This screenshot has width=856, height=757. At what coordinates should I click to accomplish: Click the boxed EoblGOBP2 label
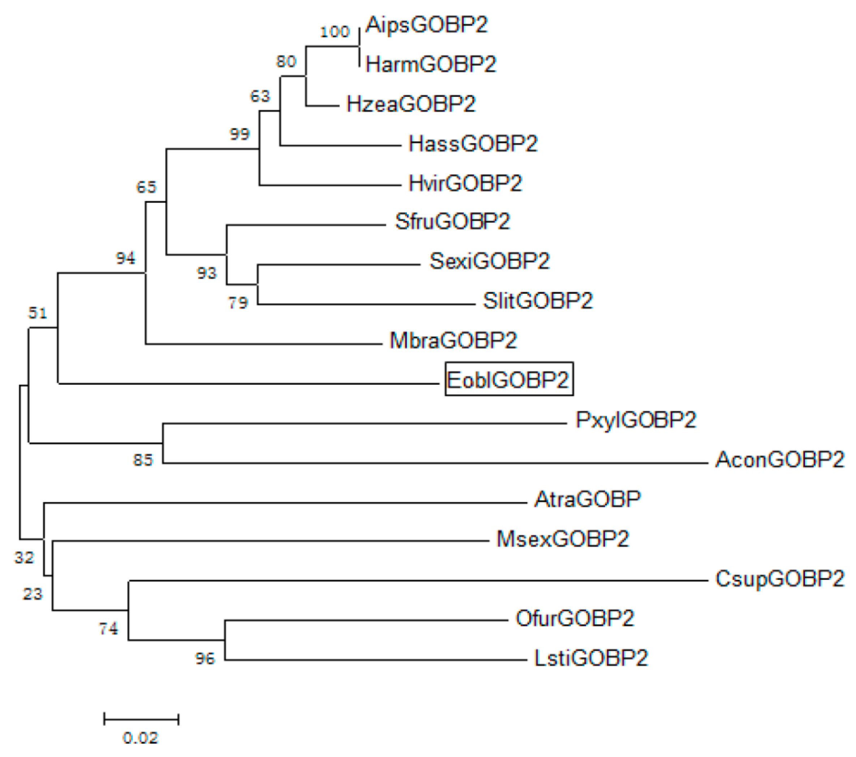pyautogui.click(x=508, y=379)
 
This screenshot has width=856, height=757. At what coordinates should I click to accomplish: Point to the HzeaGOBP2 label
pyautogui.click(x=411, y=104)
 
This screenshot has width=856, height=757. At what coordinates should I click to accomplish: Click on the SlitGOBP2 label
pyautogui.click(x=538, y=300)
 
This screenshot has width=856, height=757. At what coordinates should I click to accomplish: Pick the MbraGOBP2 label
pyautogui.click(x=453, y=340)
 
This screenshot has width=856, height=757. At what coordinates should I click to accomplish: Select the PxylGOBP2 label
pyautogui.click(x=636, y=420)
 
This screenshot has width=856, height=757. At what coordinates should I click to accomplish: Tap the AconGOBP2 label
pyautogui.click(x=779, y=460)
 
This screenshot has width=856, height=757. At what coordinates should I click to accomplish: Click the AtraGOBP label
pyautogui.click(x=588, y=499)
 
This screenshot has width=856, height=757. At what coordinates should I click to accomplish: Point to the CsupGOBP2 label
pyautogui.click(x=779, y=579)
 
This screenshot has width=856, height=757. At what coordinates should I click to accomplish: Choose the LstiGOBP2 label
pyautogui.click(x=591, y=657)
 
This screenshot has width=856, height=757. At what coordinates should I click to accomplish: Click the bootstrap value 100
pyautogui.click(x=335, y=32)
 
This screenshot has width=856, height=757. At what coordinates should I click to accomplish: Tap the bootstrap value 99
pyautogui.click(x=240, y=134)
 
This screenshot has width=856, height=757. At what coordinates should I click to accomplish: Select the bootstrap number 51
pyautogui.click(x=38, y=313)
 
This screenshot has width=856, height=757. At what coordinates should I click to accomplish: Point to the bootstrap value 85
pyautogui.click(x=143, y=460)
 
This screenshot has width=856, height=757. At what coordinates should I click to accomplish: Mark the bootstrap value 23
pyautogui.click(x=33, y=594)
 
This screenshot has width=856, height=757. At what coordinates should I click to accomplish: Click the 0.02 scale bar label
pyautogui.click(x=141, y=738)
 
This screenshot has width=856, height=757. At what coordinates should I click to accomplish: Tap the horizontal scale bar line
pyautogui.click(x=141, y=719)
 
